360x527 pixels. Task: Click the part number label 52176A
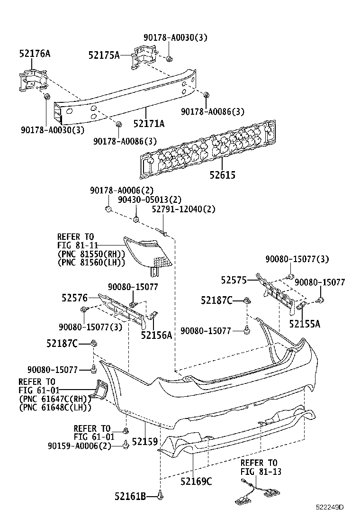click(35, 54)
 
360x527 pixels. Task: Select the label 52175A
click(104, 55)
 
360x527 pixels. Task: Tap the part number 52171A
click(149, 124)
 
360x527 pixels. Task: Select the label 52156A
click(156, 336)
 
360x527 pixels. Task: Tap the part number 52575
click(234, 280)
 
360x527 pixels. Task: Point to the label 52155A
click(305, 324)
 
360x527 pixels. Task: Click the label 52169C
click(196, 481)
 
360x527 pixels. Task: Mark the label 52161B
click(130, 496)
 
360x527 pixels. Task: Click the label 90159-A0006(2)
click(79, 445)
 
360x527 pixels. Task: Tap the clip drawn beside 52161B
click(162, 496)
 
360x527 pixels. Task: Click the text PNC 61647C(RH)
click(55, 399)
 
